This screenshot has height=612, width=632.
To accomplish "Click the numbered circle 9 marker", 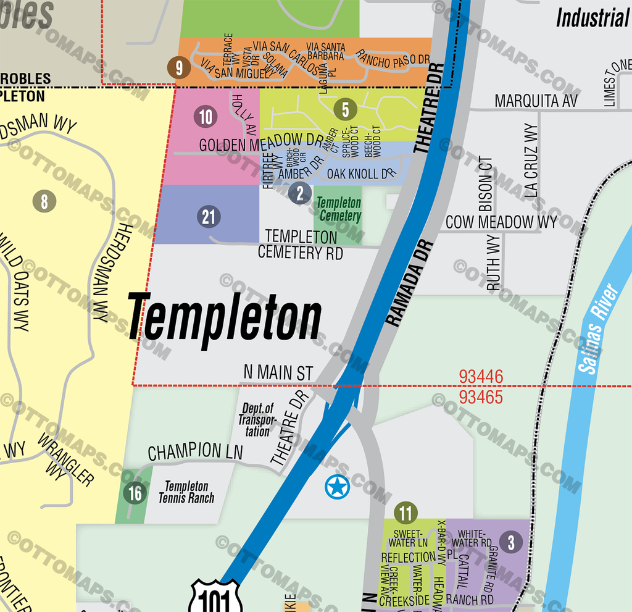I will (179, 68).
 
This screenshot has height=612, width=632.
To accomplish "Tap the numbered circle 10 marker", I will (206, 117).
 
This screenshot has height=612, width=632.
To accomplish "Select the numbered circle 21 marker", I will (209, 216).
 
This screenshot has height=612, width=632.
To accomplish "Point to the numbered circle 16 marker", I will (135, 493).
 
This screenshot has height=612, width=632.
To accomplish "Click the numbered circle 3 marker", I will (511, 542).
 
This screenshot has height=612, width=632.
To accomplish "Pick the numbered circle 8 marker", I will (44, 201).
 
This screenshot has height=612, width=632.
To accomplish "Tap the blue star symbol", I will (337, 487).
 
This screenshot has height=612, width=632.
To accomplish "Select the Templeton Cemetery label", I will (338, 209).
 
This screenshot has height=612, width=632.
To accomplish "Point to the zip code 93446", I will (481, 376).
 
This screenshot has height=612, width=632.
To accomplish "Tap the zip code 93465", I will (481, 396).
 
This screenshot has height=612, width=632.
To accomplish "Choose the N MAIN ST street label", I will (278, 373).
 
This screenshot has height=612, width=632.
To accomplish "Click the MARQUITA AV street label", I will (536, 101).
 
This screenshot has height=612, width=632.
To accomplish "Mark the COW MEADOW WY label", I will (501, 222).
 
